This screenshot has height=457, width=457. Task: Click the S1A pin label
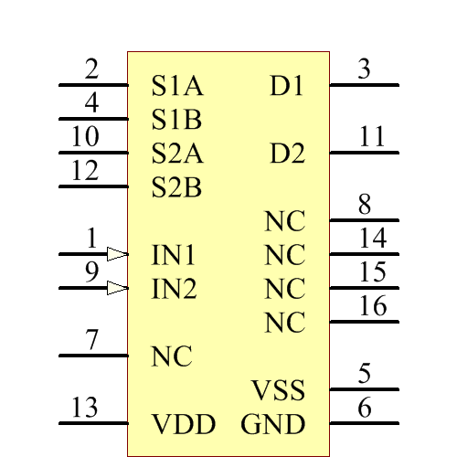point(177,86)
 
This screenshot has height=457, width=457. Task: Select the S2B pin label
point(176,188)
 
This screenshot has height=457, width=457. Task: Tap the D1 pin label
point(287,86)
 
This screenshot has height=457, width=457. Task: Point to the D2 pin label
point(287,154)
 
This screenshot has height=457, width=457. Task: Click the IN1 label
point(174,255)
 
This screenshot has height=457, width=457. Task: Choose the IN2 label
point(174,290)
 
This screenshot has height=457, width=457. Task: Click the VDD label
point(183,425)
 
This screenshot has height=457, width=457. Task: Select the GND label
point(272,425)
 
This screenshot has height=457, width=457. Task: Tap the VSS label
point(278,391)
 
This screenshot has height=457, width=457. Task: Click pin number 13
point(84,409)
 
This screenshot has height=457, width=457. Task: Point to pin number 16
point(372,306)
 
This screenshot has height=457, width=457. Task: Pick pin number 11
point(372,137)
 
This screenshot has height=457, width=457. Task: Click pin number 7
point(91,341)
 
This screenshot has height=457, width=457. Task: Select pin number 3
point(364,69)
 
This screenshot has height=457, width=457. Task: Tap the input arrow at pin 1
point(117,254)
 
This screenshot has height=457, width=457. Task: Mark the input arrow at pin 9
point(117,289)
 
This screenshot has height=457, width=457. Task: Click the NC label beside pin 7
point(172,356)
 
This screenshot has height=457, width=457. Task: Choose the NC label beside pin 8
point(285,222)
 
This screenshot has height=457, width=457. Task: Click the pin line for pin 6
point(364,423)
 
